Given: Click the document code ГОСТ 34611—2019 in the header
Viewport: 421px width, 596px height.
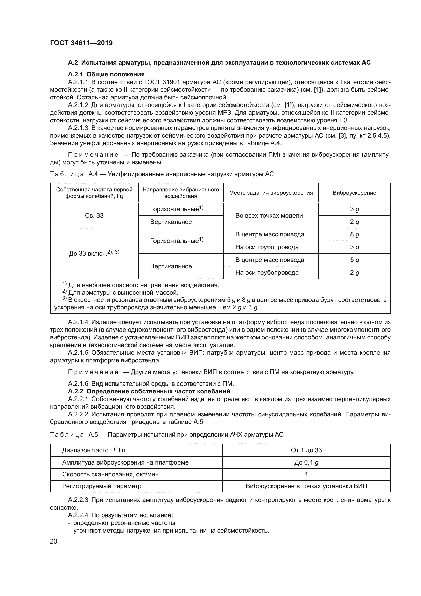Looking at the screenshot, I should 81,43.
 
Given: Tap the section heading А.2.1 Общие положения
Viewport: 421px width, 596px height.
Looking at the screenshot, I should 106,74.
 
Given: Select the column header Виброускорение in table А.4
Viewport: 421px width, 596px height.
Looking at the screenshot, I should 354,193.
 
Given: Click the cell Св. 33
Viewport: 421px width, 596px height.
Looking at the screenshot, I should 94,216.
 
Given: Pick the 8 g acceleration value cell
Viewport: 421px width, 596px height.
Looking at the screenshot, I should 354,235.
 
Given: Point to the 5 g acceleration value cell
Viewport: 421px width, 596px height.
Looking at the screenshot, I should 354,260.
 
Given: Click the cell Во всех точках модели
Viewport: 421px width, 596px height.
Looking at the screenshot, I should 269,216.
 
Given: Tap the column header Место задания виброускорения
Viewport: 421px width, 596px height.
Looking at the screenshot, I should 271,193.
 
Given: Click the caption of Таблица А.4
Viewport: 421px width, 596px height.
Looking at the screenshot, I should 162,174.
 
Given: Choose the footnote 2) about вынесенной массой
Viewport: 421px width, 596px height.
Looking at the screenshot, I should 120,293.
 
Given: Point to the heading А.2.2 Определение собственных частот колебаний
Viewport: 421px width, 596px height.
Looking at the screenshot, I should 149,391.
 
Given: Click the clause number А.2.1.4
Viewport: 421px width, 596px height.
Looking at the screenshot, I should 78,322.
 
